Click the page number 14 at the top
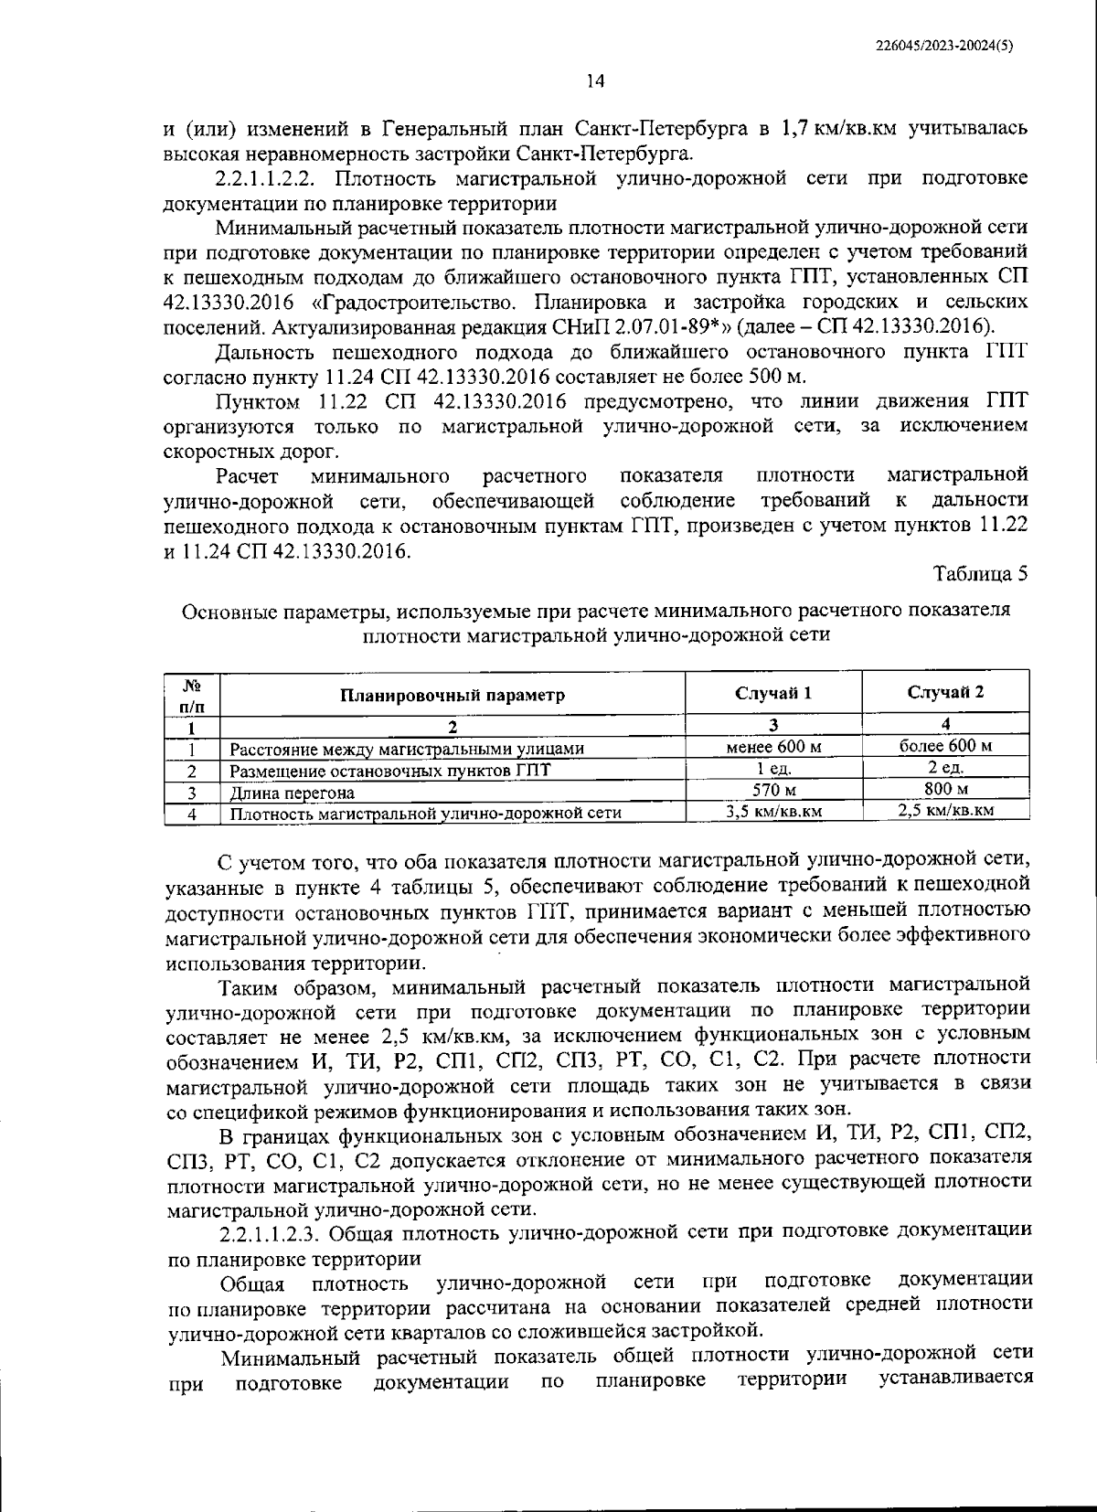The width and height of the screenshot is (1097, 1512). [595, 81]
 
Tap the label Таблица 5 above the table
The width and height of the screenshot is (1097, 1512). [980, 573]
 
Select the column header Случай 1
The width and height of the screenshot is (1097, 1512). [773, 692]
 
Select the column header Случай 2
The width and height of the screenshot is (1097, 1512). [945, 691]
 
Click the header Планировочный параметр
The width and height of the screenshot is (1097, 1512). [453, 695]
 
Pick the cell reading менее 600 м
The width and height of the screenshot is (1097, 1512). [773, 747]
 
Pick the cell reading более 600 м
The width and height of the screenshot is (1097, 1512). [945, 745]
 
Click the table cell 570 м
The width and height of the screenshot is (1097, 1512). [773, 790]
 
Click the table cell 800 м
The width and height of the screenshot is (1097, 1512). [945, 788]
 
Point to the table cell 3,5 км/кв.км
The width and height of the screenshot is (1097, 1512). [773, 811]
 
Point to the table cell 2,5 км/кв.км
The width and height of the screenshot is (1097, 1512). [945, 809]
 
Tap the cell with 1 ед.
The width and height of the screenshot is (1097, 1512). [773, 769]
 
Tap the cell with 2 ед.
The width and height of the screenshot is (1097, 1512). [945, 767]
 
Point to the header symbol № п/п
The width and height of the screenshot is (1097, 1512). [193, 695]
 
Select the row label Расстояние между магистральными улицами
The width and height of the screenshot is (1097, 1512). [407, 749]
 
